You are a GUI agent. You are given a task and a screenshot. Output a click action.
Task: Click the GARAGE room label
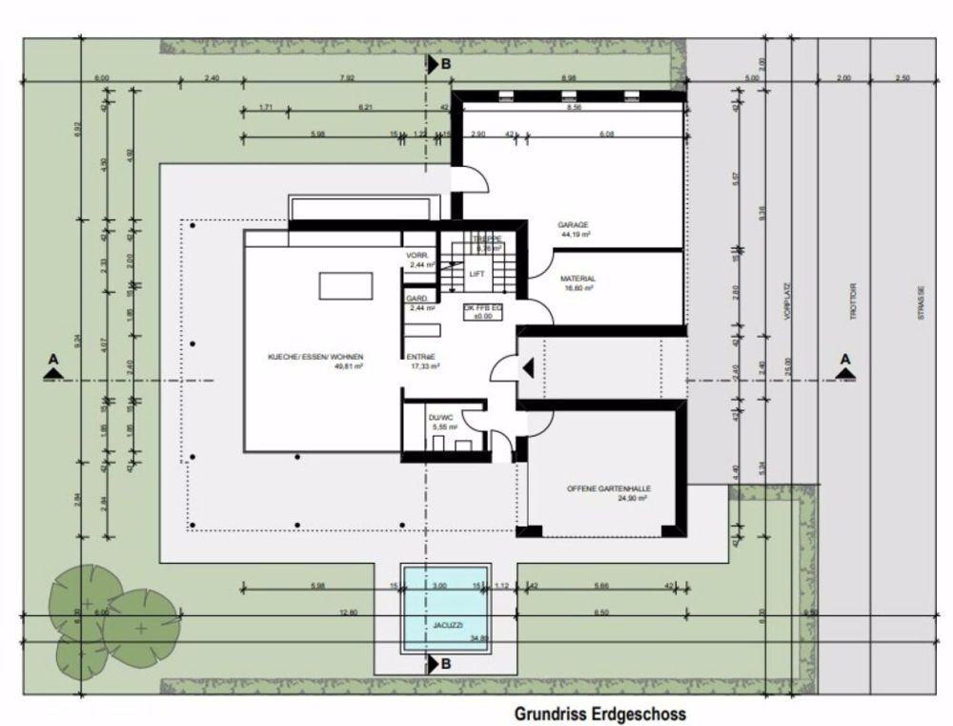pyautogui.click(x=573, y=225)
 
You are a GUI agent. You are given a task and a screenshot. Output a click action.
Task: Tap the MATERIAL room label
pyautogui.click(x=578, y=279)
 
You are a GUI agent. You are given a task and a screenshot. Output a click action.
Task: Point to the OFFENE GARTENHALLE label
pyautogui.click(x=607, y=488)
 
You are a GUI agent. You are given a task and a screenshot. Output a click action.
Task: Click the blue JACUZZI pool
pyautogui.click(x=446, y=608)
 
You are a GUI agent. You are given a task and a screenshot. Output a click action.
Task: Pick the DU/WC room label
pyautogui.click(x=440, y=418)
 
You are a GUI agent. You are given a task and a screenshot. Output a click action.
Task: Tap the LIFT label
pyautogui.click(x=476, y=274)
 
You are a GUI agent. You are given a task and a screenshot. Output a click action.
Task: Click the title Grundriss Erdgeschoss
pyautogui.click(x=600, y=713)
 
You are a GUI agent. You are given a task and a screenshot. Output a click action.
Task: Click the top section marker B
pyautogui.click(x=437, y=65)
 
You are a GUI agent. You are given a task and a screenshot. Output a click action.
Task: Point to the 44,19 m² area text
pyautogui.click(x=575, y=234)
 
